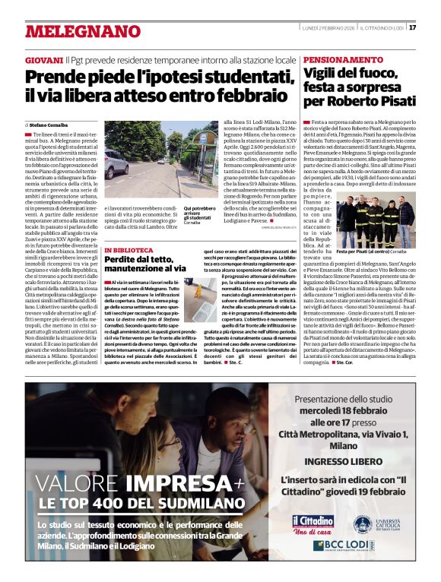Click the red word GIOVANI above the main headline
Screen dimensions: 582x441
[43, 59]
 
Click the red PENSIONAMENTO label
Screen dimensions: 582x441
[343, 59]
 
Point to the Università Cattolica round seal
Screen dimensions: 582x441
[361, 523]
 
